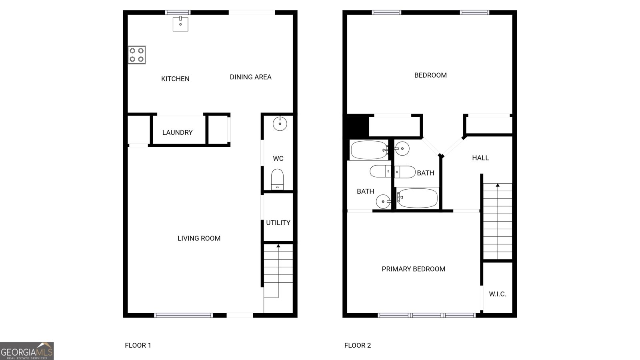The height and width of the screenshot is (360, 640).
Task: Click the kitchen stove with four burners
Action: pos(137,55)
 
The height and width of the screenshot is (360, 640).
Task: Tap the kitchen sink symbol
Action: pos(180,24)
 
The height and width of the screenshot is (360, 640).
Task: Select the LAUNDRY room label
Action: pos(177,132)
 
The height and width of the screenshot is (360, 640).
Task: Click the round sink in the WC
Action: pos(280,124)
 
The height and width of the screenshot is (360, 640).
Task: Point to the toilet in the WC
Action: pos(277,179)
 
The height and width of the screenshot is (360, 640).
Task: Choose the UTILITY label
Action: pos(278,223)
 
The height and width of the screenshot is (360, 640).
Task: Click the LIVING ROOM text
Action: pos(199,238)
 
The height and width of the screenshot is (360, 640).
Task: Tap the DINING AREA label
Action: pos(250,77)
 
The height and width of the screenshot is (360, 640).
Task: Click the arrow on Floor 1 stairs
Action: pos(278,246)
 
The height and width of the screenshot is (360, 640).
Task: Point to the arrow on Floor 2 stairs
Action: pos(498,185)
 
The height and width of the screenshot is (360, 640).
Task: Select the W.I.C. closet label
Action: pos(498,294)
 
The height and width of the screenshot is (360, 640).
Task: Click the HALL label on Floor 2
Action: pos(480,158)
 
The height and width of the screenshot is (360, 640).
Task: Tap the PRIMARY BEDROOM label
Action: pos(413,269)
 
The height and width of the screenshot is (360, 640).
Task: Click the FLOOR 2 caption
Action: pos(358,345)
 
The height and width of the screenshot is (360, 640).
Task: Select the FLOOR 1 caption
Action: pos(138,345)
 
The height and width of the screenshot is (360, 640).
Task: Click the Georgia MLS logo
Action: pos(27,351)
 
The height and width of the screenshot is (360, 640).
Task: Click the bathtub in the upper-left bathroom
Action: pos(369,150)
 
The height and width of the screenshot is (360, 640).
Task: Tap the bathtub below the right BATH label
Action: pos(418,198)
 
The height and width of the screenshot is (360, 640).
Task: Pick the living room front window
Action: pos(184,315)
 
